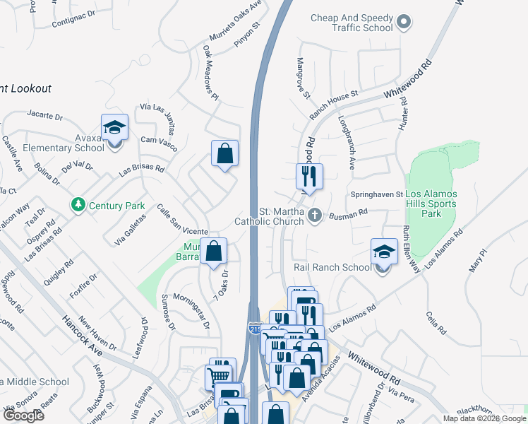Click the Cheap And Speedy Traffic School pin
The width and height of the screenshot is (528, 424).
[x=404, y=23]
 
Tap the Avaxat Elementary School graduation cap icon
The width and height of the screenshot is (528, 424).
[x=114, y=129]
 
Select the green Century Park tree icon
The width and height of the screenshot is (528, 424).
[x=78, y=206]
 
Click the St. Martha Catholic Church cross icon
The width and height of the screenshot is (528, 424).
[x=316, y=214]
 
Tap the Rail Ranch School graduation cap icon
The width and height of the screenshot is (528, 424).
[x=384, y=252]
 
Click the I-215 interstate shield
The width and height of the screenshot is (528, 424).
[x=254, y=329]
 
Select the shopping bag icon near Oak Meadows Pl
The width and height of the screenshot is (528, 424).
[x=224, y=153]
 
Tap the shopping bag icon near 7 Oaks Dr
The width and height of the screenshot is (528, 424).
[x=213, y=252]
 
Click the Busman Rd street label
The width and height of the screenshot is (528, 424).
[x=353, y=211]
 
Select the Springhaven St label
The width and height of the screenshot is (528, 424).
[x=376, y=194]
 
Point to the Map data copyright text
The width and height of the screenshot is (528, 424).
[x=484, y=418]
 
